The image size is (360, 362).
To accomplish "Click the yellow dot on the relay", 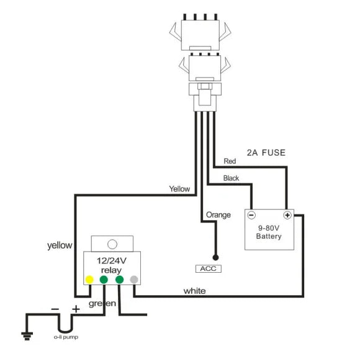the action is (89, 280).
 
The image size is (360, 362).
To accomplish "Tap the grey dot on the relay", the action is (134, 280).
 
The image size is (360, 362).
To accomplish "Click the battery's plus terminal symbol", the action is (287, 215).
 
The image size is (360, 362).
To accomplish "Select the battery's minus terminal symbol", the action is (251, 215).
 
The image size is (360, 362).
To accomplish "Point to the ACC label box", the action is (209, 268).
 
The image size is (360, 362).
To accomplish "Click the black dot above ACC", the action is (215, 257).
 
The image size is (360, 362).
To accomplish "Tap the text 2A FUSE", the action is (266, 152).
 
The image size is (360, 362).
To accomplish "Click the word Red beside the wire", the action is (230, 161).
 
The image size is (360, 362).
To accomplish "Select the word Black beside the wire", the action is (231, 178).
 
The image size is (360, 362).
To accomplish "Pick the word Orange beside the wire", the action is (218, 215).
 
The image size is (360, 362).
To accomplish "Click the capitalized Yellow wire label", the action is (179, 189).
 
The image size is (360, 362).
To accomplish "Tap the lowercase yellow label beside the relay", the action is (60, 245).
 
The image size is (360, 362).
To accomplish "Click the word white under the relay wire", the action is (194, 291).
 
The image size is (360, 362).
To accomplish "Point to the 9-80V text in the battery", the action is (269, 228).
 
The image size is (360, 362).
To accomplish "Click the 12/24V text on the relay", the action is (112, 260).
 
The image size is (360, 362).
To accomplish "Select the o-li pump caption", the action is (66, 337).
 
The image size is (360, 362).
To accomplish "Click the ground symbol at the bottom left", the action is (27, 336).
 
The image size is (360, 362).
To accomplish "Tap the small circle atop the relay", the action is (112, 244).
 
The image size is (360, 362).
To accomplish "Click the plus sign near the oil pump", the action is (76, 309).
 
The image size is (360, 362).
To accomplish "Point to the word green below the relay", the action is (102, 303).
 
